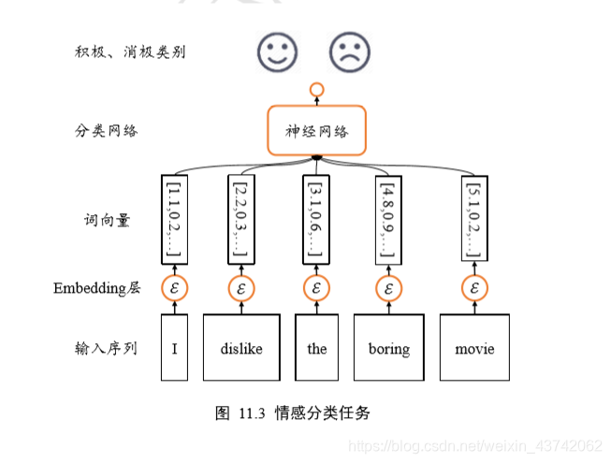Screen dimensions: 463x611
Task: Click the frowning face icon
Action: click(348, 51)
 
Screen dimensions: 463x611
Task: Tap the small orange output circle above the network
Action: click(316, 90)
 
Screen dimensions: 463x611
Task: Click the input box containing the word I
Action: click(174, 348)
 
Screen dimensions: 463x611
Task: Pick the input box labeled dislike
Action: click(241, 348)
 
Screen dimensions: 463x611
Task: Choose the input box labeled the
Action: click(317, 348)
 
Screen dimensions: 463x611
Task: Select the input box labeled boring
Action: click(388, 348)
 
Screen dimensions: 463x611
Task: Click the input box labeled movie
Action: click(474, 348)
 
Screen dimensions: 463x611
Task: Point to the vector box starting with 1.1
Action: click(174, 218)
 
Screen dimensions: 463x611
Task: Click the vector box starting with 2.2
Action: click(241, 218)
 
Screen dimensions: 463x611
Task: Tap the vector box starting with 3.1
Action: click(316, 218)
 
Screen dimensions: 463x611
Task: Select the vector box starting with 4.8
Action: click(388, 218)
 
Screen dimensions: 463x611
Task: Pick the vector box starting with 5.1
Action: click(475, 218)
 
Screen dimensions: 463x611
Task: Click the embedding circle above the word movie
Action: click(475, 287)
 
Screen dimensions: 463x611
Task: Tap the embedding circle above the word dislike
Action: click(241, 287)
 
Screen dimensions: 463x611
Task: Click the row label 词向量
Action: click(106, 221)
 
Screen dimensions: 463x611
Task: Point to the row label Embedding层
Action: click(96, 288)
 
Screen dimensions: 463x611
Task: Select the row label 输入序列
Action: click(106, 348)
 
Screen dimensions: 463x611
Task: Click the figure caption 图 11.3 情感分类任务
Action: click(292, 412)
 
